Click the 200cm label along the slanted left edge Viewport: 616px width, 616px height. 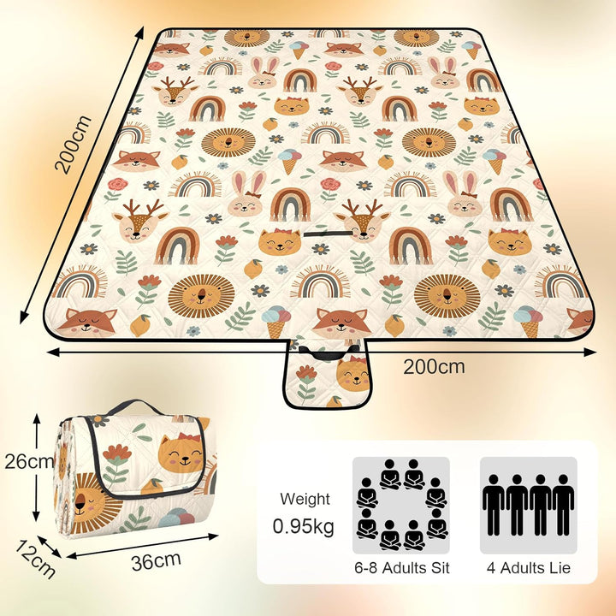click(74, 145)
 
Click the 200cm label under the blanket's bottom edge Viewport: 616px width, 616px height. click(434, 366)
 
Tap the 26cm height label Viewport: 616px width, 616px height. click(29, 461)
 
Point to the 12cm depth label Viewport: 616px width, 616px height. click(35, 560)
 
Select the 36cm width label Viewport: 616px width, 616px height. click(156, 561)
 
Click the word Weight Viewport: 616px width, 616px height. click(305, 500)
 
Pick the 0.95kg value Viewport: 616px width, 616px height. click(303, 526)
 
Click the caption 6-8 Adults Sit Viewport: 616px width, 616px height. click(402, 568)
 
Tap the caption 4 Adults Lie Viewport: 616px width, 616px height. click(529, 568)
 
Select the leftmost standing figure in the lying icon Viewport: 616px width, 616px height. click(493, 505)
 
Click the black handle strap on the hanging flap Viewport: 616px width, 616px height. click(329, 352)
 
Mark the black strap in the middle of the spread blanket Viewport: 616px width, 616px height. click(329, 234)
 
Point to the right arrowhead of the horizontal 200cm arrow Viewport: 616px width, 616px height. click(590, 352)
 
